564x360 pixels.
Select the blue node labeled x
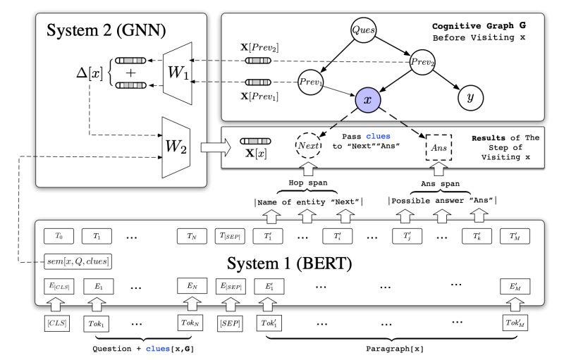click(367, 101)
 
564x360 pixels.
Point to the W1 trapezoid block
click(179, 70)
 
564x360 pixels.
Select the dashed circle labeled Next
click(307, 147)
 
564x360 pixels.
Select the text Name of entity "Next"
click(307, 203)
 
